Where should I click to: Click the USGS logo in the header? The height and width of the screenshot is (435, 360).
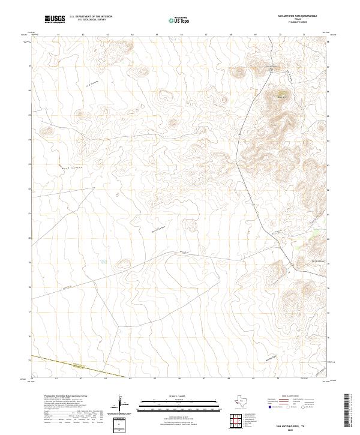pos(55,19)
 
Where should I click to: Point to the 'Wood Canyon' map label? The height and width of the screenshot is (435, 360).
pos(70,169)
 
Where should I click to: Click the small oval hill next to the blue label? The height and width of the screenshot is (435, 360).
pos(124,262)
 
